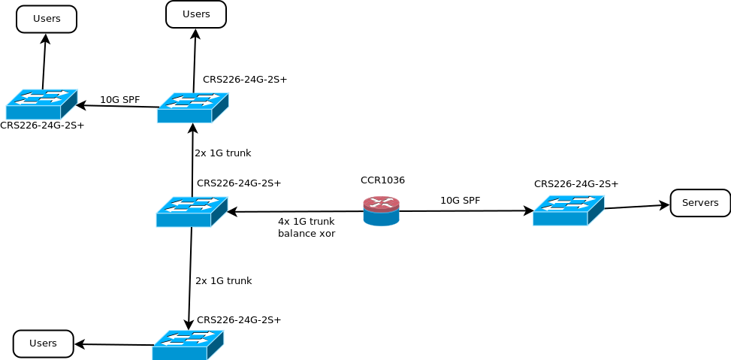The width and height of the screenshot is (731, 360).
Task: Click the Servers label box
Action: click(700, 203)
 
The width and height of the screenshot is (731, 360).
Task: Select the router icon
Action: click(381, 211)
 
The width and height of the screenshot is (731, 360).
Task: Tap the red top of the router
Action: click(381, 204)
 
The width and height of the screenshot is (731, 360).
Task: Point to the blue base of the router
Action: click(381, 219)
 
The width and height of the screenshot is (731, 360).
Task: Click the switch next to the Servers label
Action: click(568, 210)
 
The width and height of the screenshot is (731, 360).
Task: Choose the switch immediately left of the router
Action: click(192, 212)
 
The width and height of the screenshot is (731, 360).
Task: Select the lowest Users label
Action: click(43, 343)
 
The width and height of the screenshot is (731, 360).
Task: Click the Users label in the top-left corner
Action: click(47, 19)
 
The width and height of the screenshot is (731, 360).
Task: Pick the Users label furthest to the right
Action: click(196, 14)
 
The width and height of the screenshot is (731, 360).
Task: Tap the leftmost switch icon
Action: click(41, 104)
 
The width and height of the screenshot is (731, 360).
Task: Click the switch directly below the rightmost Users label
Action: click(192, 108)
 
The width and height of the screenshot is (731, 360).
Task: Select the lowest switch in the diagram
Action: click(188, 345)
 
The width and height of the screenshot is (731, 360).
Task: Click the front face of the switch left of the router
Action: click(183, 220)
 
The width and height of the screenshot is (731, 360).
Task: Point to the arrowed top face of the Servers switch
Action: click(569, 203)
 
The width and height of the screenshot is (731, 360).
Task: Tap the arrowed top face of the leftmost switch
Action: click(42, 97)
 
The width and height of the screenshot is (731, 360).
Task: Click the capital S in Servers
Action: click(685, 203)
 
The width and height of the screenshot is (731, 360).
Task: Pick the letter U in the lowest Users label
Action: click(32, 343)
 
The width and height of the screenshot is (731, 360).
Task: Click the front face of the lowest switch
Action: click(179, 353)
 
